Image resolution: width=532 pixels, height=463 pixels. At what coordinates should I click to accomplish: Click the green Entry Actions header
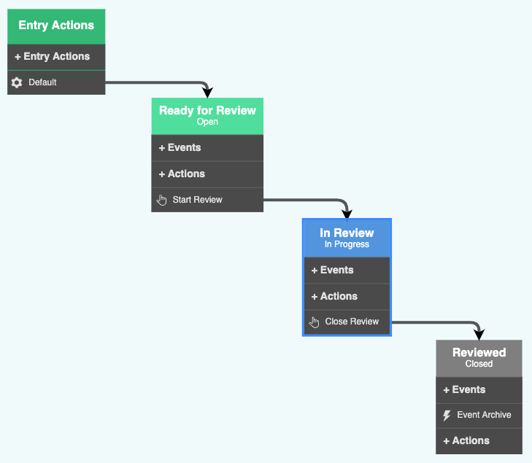tap(56, 26)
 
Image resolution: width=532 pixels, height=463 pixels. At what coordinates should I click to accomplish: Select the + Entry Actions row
tap(52, 57)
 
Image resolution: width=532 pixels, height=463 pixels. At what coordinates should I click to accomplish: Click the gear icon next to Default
tap(17, 83)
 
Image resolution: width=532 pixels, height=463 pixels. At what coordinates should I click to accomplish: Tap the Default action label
tap(42, 83)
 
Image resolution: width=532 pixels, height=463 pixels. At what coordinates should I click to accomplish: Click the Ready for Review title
tap(207, 111)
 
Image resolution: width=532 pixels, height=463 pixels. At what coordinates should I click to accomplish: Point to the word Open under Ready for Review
tap(207, 122)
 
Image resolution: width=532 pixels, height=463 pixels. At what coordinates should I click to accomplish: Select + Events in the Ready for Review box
tap(180, 148)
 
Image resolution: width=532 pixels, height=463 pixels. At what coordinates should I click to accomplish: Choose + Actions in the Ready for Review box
tap(182, 174)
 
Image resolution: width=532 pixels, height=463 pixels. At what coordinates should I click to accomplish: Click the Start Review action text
tap(197, 200)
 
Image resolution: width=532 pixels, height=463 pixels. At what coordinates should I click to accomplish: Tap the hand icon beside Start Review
tap(162, 200)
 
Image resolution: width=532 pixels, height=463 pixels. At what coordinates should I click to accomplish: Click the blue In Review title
tap(347, 233)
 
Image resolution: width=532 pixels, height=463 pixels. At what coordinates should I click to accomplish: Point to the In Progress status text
tap(347, 245)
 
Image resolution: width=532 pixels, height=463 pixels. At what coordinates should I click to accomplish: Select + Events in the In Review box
tap(332, 271)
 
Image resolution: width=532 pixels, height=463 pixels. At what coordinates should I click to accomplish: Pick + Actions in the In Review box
tap(334, 297)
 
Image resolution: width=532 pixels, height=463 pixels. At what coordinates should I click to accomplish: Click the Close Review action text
tap(352, 322)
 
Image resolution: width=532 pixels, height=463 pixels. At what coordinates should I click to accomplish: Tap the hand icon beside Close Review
tap(315, 322)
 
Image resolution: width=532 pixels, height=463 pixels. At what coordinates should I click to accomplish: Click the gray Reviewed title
tap(479, 353)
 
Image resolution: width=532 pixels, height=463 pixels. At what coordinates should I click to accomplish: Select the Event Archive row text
tap(484, 416)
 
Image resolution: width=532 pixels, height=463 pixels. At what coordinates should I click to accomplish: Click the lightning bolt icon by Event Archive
tap(447, 416)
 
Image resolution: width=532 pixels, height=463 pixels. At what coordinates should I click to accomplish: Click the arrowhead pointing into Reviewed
tap(479, 335)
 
